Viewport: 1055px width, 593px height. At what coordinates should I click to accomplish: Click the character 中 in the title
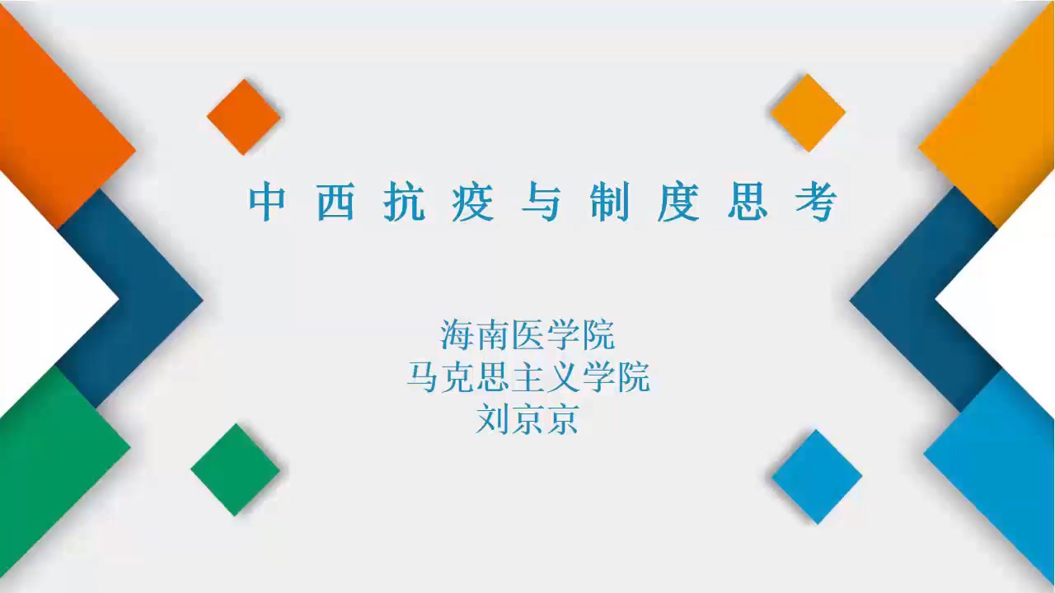click(267, 202)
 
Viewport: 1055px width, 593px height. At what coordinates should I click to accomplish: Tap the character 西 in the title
click(335, 202)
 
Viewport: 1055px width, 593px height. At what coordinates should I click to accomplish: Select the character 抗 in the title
click(404, 202)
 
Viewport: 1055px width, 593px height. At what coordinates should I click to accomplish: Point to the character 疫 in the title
click(473, 202)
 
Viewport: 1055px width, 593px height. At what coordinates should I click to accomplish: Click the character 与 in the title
click(542, 202)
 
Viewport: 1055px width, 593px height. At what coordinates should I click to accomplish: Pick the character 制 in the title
click(609, 202)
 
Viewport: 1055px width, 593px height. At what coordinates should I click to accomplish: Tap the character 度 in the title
click(678, 202)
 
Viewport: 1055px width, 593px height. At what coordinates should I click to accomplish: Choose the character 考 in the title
click(816, 202)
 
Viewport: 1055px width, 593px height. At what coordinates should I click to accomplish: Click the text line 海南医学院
click(527, 334)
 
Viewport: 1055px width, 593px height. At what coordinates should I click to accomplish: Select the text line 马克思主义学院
click(528, 377)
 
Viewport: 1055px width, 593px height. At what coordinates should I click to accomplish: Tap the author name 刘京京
click(527, 419)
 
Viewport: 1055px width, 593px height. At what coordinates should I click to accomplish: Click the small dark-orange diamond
click(244, 117)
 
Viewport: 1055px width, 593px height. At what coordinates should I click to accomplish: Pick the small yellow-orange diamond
click(809, 113)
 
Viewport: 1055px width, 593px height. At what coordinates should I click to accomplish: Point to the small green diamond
click(236, 469)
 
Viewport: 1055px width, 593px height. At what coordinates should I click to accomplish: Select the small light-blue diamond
click(817, 476)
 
